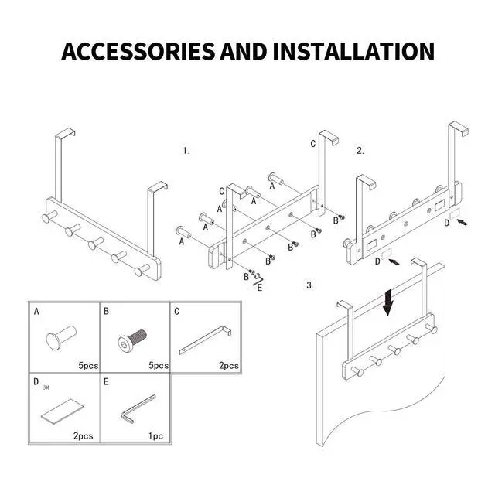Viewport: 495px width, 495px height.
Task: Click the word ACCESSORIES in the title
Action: [138, 51]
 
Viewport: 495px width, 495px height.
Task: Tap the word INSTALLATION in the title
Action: [354, 51]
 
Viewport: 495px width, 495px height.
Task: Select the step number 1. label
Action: [186, 151]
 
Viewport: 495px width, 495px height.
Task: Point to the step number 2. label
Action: [360, 151]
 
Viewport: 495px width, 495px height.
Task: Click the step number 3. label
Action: [310, 285]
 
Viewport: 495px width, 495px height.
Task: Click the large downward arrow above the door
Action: [388, 302]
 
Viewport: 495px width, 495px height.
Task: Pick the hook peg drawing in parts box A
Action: [61, 337]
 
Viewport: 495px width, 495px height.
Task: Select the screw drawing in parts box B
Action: [132, 339]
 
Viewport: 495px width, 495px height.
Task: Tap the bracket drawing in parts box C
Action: [205, 340]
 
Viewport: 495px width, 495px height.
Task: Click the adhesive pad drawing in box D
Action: [62, 411]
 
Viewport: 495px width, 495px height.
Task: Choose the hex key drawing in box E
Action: [138, 408]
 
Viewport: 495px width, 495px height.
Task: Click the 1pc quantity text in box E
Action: [156, 436]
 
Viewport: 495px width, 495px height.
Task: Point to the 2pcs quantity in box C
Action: [229, 366]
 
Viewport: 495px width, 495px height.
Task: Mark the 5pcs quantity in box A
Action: [88, 366]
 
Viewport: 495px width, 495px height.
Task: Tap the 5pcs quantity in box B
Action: [159, 366]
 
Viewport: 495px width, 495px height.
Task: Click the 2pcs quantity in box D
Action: [84, 436]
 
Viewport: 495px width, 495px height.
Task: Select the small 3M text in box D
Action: [46, 387]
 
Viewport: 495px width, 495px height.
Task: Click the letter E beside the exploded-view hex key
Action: [260, 288]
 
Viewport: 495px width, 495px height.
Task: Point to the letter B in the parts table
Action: [106, 311]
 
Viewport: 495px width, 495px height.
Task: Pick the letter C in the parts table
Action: [177, 311]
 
